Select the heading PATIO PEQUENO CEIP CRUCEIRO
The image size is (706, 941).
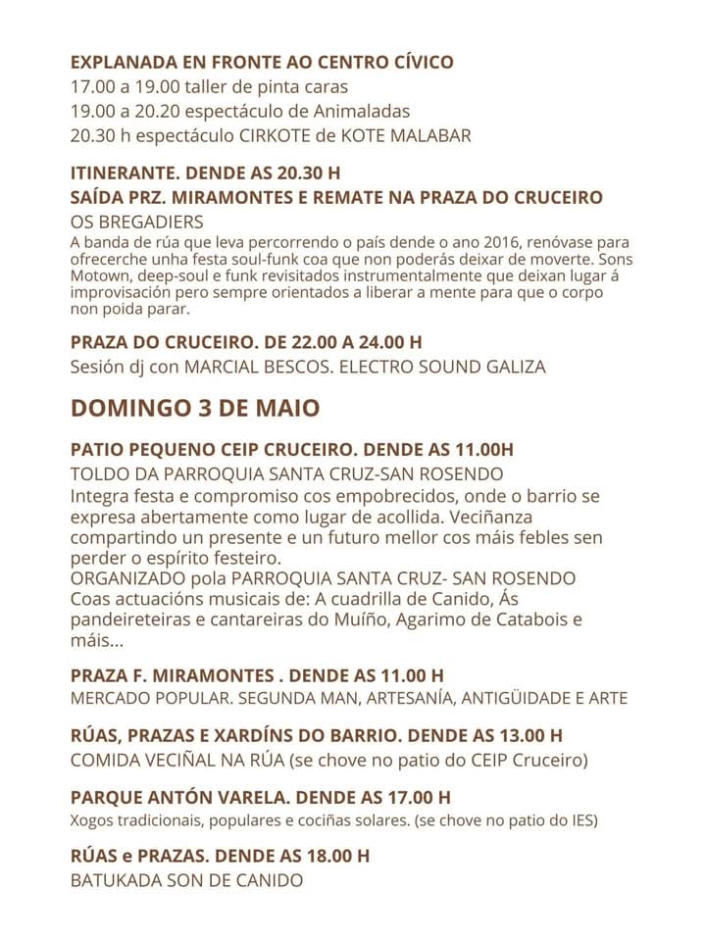[x=211, y=450]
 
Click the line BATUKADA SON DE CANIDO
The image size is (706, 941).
[x=186, y=880]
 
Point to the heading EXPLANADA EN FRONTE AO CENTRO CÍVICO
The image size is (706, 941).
[x=262, y=62]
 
